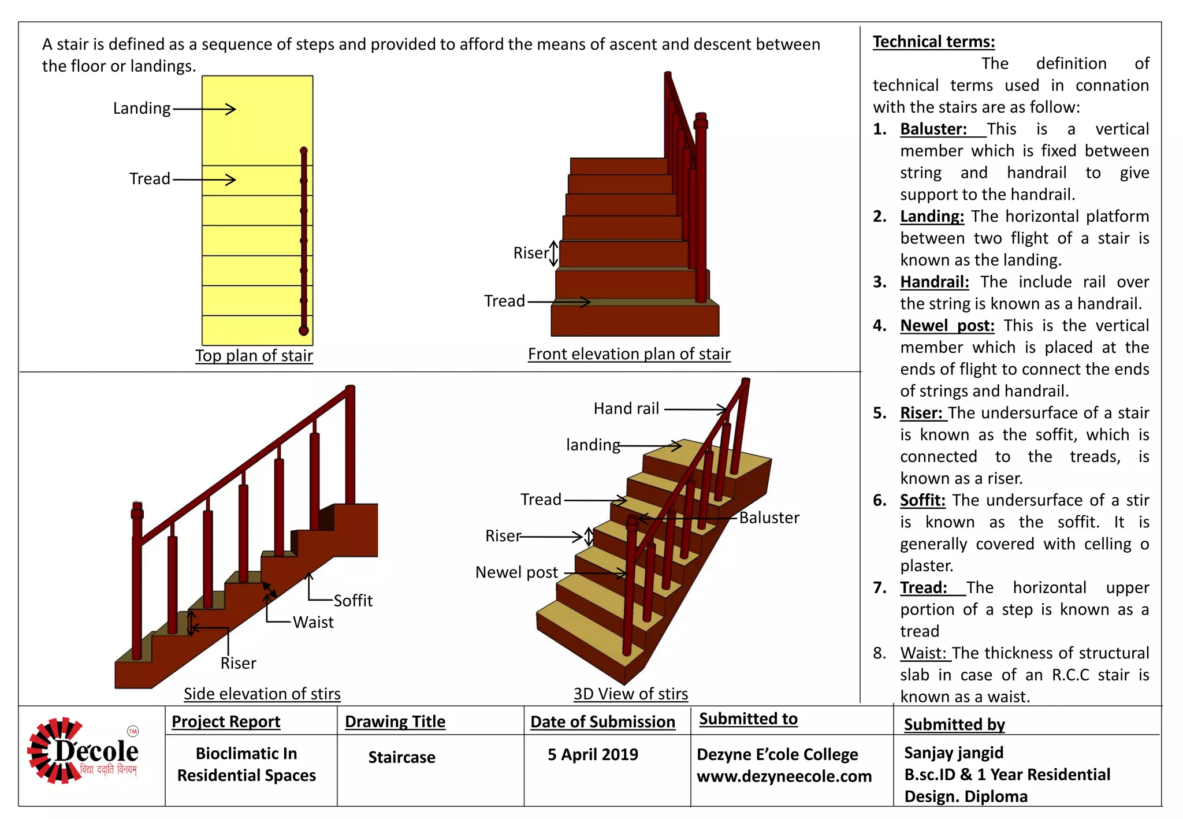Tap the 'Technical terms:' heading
point(933,42)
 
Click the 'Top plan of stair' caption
point(254,355)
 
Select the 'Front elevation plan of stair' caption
point(629,353)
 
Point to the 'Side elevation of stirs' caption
point(262,693)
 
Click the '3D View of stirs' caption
point(630,693)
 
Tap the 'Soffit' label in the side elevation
point(353,601)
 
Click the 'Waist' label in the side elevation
point(313,622)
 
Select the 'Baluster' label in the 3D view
point(769,518)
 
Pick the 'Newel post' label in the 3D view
point(516,572)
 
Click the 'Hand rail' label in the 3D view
point(626,409)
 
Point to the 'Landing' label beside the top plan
point(142,109)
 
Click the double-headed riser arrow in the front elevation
point(553,254)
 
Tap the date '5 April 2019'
point(593,754)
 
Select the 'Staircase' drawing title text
point(401,757)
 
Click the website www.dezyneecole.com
point(784,776)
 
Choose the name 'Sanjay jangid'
point(953,753)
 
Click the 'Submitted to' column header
point(748,719)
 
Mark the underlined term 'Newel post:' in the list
point(947,326)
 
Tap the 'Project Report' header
point(226,721)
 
